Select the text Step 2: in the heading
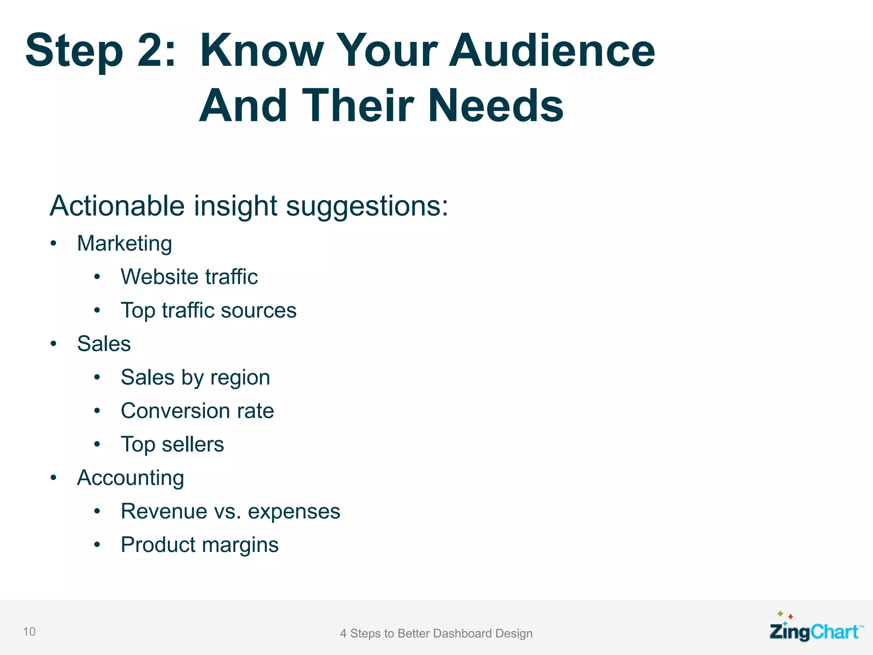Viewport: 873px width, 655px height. pyautogui.click(x=101, y=51)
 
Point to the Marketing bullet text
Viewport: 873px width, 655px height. pyautogui.click(x=124, y=244)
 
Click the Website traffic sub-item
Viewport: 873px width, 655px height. pyautogui.click(x=189, y=277)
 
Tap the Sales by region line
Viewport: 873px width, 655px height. pyautogui.click(x=195, y=378)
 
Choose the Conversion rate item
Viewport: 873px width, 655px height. pyautogui.click(x=197, y=411)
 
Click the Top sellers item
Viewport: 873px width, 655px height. pyautogui.click(x=172, y=444)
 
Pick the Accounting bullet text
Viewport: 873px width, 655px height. pyautogui.click(x=130, y=478)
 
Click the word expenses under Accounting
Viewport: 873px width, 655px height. pyautogui.click(x=294, y=512)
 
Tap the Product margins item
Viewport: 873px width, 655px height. pyautogui.click(x=199, y=545)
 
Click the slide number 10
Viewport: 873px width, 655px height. pyautogui.click(x=29, y=632)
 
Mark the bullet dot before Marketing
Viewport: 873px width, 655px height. pyautogui.click(x=53, y=243)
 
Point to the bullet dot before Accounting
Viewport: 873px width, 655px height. pyautogui.click(x=53, y=478)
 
